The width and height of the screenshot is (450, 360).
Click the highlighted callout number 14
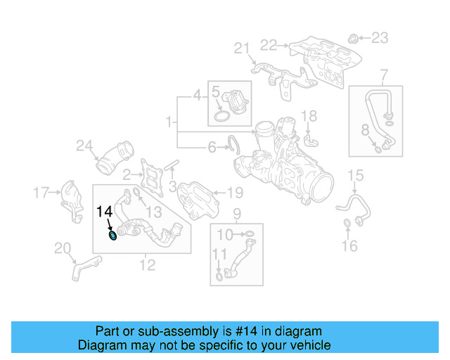(x=104, y=211)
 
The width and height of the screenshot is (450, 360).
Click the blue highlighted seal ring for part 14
(x=113, y=235)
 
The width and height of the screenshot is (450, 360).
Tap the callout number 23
(x=379, y=37)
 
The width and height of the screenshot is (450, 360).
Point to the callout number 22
(x=269, y=45)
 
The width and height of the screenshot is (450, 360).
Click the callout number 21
(x=242, y=48)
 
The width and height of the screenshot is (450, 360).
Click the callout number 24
(x=84, y=146)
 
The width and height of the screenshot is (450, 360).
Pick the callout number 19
(x=235, y=191)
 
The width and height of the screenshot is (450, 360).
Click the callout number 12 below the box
(x=147, y=264)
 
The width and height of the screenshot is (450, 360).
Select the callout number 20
(x=62, y=247)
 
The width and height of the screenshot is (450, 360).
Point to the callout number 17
(x=41, y=191)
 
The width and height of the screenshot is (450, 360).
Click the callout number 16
(x=349, y=245)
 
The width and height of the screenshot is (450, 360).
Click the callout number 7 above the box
(x=384, y=75)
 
